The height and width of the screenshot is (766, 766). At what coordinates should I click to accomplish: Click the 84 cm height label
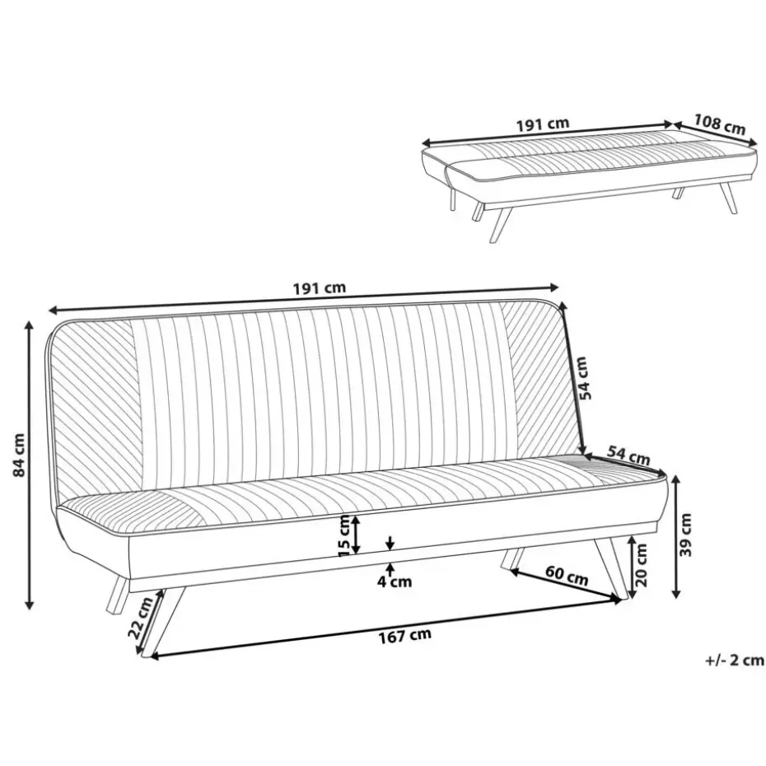click(19, 455)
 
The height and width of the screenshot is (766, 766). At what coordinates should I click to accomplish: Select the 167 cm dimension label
click(405, 636)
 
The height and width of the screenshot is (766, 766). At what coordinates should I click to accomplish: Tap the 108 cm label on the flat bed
click(720, 124)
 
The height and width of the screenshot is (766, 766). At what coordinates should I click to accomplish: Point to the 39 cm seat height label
click(686, 535)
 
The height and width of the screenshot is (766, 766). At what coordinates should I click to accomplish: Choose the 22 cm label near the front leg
click(140, 619)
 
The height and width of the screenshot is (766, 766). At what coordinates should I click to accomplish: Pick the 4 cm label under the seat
click(395, 582)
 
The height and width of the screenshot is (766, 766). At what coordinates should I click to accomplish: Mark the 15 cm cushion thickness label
click(345, 535)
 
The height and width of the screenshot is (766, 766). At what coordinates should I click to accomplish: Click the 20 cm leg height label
click(642, 565)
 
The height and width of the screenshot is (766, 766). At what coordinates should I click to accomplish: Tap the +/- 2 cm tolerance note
click(735, 661)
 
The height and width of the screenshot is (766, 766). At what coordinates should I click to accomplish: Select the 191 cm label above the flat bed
click(543, 124)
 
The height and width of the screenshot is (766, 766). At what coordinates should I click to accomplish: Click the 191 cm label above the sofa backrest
click(320, 287)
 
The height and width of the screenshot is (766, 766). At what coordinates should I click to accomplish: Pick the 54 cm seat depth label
click(628, 455)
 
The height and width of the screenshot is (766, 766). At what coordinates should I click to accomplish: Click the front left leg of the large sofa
click(164, 621)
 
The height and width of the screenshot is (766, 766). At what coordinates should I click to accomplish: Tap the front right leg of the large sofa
click(610, 567)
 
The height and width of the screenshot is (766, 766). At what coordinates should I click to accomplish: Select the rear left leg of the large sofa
click(117, 594)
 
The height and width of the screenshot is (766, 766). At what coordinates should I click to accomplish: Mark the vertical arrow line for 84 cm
click(30, 465)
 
